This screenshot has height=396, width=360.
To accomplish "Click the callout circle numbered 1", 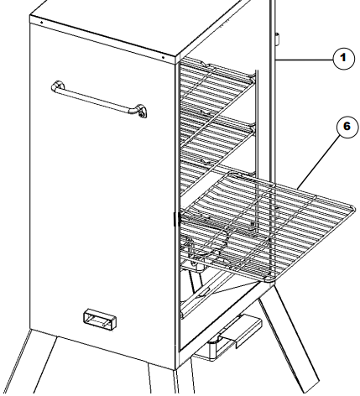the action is coord(343,58).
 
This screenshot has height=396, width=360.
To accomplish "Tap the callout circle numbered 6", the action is coord(347,127).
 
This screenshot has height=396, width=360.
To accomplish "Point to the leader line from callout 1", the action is coord(305,60).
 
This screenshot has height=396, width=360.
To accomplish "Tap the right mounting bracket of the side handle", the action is coord(140,111).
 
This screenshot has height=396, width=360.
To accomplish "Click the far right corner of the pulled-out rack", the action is coord(353,208).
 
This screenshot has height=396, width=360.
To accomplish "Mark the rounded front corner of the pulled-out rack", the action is coord(269,279).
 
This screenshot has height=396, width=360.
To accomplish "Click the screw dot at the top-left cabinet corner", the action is coord(41,22).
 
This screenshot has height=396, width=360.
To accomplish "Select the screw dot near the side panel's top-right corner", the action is coord(163,58).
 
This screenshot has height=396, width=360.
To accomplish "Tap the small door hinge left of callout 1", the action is coord(277,39).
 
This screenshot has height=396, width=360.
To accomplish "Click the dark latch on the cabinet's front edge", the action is coord(177,219).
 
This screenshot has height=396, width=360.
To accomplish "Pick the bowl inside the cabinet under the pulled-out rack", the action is coord(206,245).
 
